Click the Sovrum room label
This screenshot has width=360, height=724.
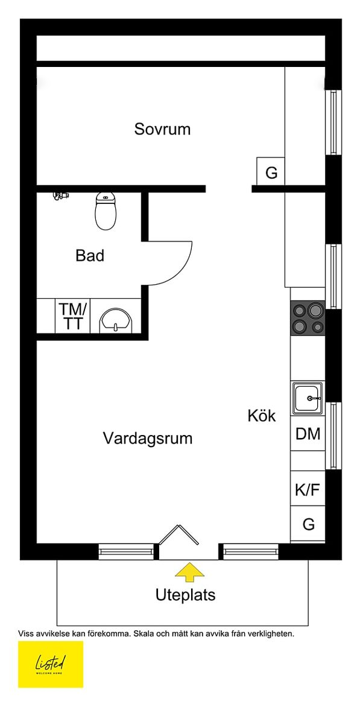pyautogui.click(x=162, y=129)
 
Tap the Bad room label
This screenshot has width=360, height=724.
pyautogui.click(x=90, y=256)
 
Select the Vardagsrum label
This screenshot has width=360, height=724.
pyautogui.click(x=148, y=438)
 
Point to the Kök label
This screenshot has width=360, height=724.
pyautogui.click(x=262, y=416)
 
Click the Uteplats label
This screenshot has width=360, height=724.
pyautogui.click(x=185, y=595)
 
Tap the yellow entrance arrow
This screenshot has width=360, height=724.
pyautogui.click(x=189, y=571)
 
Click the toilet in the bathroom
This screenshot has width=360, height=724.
pyautogui.click(x=106, y=212)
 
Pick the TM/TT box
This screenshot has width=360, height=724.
pyautogui.click(x=73, y=316)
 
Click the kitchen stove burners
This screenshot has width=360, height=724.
pyautogui.click(x=308, y=319)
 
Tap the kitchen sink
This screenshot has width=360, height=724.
pyautogui.click(x=308, y=398)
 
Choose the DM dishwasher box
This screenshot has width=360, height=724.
pyautogui.click(x=308, y=434)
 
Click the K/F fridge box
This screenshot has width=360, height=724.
pyautogui.click(x=308, y=490)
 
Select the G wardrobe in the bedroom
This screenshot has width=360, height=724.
pyautogui.click(x=271, y=173)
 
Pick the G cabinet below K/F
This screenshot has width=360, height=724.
pyautogui.click(x=308, y=524)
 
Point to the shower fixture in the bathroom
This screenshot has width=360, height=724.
pyautogui.click(x=60, y=195)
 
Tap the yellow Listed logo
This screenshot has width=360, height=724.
pyautogui.click(x=51, y=664)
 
